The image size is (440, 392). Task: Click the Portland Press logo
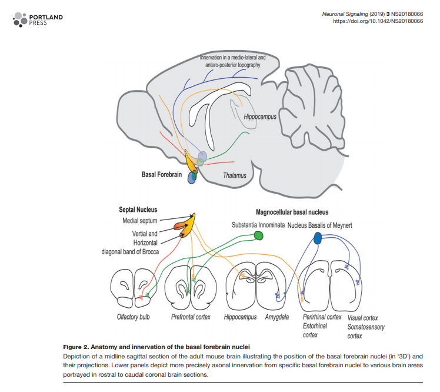pyautogui.click(x=37, y=19)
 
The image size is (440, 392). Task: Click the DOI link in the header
pyautogui.click(x=376, y=21)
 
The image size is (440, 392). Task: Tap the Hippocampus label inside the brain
pyautogui.click(x=259, y=117)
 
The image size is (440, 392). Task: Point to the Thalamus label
pyautogui.click(x=234, y=175)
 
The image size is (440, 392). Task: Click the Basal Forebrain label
pyautogui.click(x=162, y=174)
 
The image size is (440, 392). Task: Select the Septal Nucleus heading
pyautogui.click(x=138, y=210)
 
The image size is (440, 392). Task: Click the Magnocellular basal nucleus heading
pyautogui.click(x=292, y=212)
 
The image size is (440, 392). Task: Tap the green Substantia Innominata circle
pyautogui.click(x=258, y=236)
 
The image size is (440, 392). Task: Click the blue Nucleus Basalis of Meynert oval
pyautogui.click(x=318, y=238)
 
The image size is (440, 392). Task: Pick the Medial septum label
pyautogui.click(x=140, y=221)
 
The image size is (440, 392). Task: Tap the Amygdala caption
pyautogui.click(x=276, y=317)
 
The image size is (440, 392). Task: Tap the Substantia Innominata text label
pyautogui.click(x=258, y=225)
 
